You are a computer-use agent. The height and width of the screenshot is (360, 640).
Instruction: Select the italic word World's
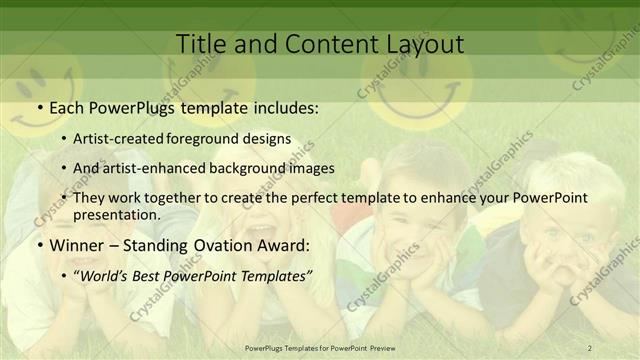(x=123, y=273)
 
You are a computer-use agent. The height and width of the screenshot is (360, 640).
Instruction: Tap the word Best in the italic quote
(x=167, y=273)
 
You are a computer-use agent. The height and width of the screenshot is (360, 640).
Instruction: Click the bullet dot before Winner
(x=39, y=244)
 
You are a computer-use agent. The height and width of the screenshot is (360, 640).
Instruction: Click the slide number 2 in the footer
(x=590, y=347)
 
